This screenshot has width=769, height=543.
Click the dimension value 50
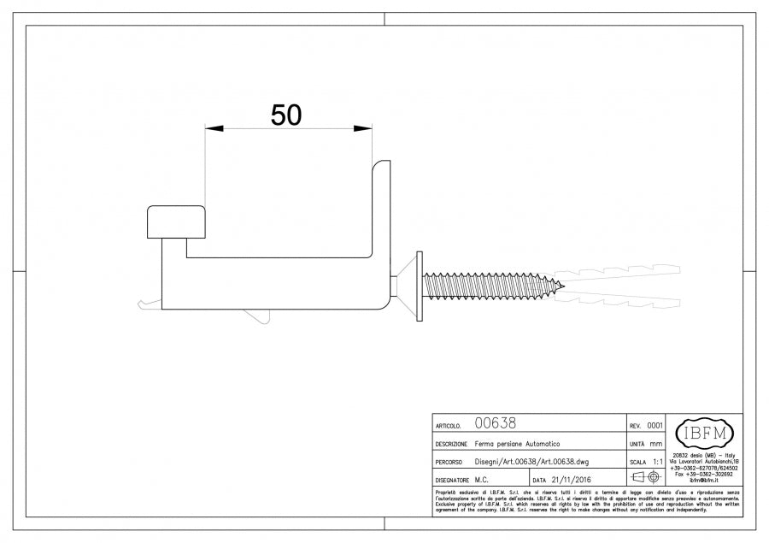pyautogui.click(x=286, y=115)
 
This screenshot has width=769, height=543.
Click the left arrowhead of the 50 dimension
pyautogui.click(x=213, y=129)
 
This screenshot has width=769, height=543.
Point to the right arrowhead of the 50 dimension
pyautogui.click(x=364, y=129)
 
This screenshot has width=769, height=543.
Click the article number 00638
pyautogui.click(x=495, y=423)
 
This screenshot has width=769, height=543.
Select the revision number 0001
pyautogui.click(x=655, y=425)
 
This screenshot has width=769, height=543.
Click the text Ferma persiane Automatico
pyautogui.click(x=518, y=445)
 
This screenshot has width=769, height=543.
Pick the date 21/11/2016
pyautogui.click(x=572, y=480)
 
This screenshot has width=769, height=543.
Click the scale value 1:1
pyautogui.click(x=657, y=462)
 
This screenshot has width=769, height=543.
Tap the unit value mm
pyautogui.click(x=656, y=445)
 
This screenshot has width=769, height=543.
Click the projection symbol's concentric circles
pyautogui.click(x=655, y=478)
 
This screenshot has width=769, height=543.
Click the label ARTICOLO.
pyautogui.click(x=449, y=425)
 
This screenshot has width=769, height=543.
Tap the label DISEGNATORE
pyautogui.click(x=452, y=481)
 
